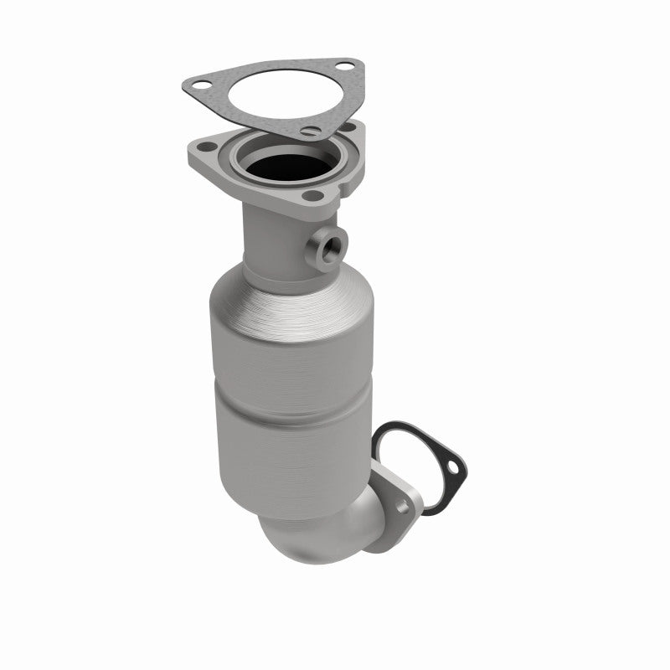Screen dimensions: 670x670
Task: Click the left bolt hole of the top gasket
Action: [202, 84]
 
